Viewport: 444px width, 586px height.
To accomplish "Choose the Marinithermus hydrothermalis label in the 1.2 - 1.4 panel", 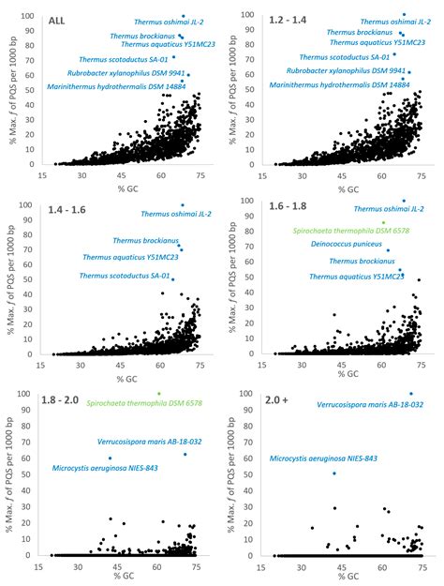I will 337,85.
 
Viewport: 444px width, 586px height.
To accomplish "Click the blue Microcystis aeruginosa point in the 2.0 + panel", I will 334,473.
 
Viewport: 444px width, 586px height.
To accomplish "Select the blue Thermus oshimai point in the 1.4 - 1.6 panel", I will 182,204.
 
